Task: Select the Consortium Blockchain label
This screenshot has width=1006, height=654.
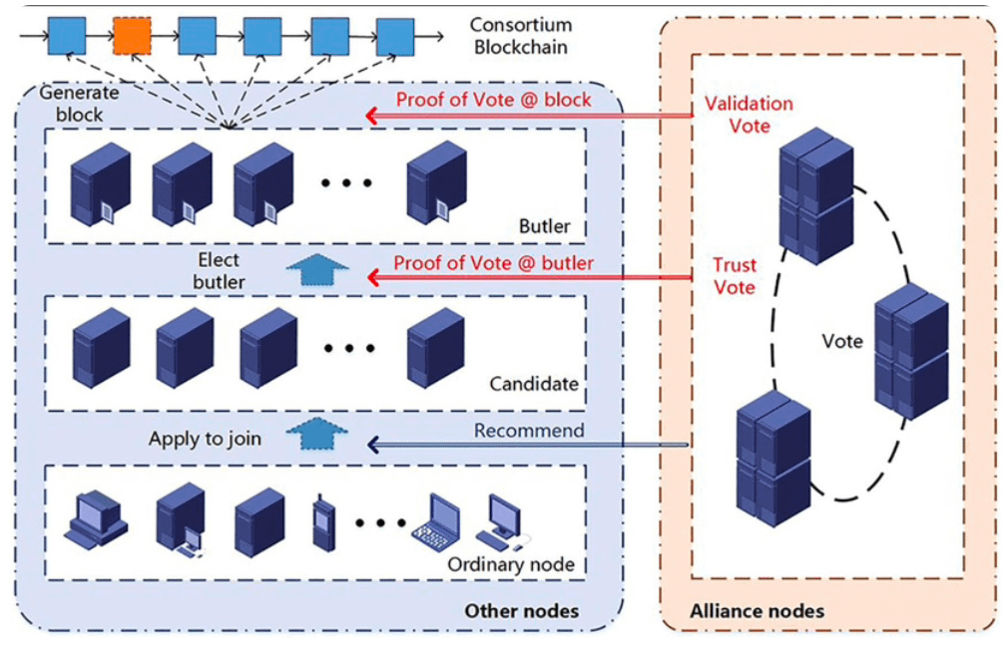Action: click(x=520, y=36)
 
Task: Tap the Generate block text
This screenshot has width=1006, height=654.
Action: click(x=79, y=103)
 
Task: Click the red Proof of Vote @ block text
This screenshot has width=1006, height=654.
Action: click(x=493, y=99)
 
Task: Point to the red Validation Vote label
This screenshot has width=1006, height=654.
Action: click(x=749, y=115)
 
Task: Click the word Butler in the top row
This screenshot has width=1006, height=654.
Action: click(x=545, y=226)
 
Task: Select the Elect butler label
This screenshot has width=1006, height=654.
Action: click(x=219, y=270)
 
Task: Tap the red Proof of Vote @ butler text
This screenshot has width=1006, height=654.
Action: click(x=493, y=263)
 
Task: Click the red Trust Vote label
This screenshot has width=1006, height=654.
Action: click(x=735, y=276)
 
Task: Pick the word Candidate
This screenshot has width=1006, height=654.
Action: click(x=534, y=384)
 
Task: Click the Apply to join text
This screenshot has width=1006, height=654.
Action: click(x=205, y=438)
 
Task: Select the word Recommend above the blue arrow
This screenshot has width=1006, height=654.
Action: click(x=529, y=431)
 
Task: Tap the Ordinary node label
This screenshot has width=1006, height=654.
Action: click(x=510, y=564)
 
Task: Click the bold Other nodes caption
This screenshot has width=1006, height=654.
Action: click(x=521, y=610)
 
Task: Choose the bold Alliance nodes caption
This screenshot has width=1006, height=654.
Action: click(x=757, y=610)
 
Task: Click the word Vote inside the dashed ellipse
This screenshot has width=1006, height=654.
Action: click(x=842, y=341)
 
